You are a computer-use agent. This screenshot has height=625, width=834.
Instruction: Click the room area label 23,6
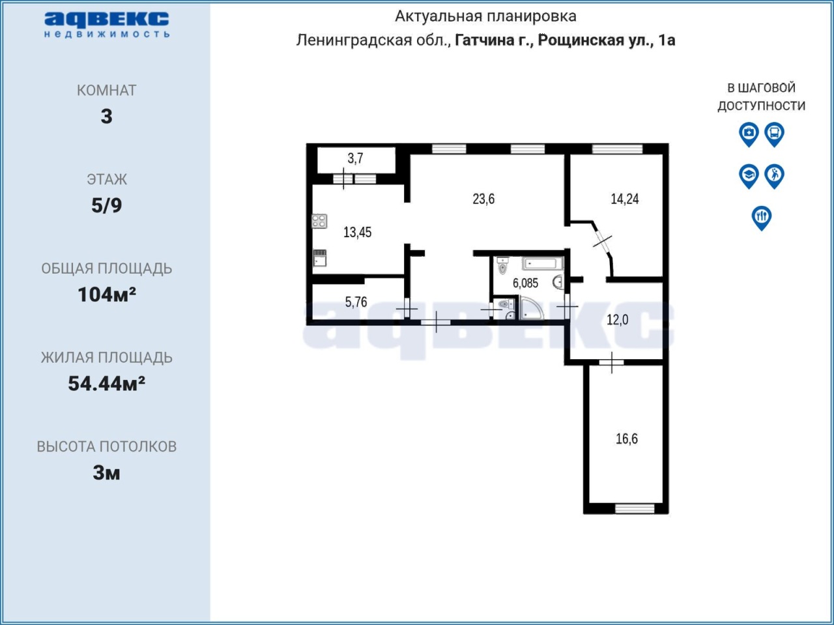tap(483, 199)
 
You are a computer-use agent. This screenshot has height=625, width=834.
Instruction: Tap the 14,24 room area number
tap(625, 199)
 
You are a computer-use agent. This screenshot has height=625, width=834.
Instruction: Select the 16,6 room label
tap(627, 439)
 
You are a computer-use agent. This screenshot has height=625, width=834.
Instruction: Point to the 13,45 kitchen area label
tap(357, 232)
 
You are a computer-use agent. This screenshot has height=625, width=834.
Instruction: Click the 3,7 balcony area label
tap(355, 158)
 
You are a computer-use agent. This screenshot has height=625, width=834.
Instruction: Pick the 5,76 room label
tap(356, 302)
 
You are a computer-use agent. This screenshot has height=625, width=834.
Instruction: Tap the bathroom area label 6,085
tap(525, 283)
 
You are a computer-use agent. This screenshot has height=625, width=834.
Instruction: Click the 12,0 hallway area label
tap(618, 320)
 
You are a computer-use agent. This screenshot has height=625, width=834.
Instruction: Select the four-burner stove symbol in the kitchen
tap(319, 221)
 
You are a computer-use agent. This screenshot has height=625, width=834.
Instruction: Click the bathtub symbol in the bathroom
tap(542, 264)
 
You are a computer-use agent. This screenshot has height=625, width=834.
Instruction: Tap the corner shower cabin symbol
tap(531, 309)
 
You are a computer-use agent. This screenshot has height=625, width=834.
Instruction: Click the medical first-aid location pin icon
tap(749, 134)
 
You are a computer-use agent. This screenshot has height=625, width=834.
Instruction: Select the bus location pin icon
tap(774, 134)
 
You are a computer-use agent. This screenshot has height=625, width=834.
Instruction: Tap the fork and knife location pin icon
tap(761, 218)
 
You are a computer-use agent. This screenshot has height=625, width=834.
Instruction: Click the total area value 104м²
tap(107, 295)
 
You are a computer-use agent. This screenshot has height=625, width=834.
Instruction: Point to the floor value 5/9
tap(107, 205)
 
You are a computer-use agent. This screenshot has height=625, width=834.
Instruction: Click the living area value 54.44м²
tap(107, 383)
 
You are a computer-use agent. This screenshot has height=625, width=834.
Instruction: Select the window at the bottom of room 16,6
tap(635, 508)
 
